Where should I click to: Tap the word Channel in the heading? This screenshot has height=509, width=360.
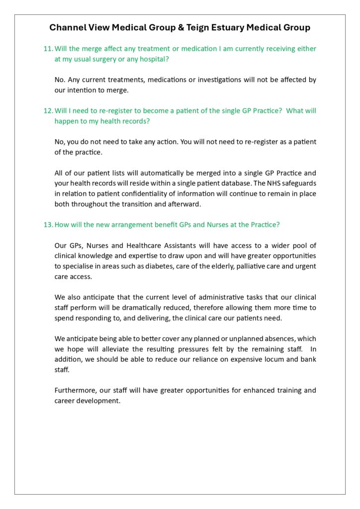click(67, 28)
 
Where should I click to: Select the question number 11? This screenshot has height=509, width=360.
click(48, 49)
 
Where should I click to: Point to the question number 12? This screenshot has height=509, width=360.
click(48, 111)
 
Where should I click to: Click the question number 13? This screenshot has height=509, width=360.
click(48, 225)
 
